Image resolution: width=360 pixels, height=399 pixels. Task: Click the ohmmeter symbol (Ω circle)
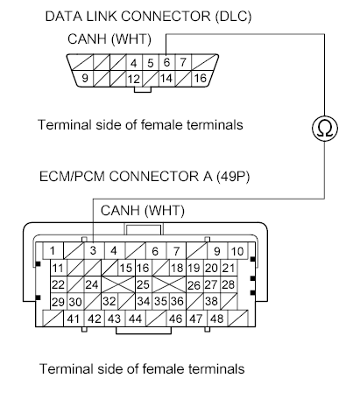point(324,128)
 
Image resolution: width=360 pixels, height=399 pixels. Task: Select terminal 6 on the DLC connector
point(166,62)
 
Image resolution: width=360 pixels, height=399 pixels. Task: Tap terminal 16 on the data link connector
point(201,78)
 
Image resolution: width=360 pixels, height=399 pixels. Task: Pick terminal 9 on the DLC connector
point(85,78)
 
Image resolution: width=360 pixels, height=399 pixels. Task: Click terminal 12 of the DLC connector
point(134,79)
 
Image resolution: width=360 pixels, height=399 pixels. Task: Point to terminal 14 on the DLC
point(166,78)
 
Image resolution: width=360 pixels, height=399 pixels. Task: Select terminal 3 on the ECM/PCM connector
point(93,250)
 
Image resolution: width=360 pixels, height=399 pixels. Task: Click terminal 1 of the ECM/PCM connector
point(53,250)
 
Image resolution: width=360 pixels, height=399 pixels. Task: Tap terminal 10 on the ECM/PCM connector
point(237,251)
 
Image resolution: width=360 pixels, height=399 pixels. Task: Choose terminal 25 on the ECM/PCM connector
point(143,284)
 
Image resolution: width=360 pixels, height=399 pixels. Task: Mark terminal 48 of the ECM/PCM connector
point(216,318)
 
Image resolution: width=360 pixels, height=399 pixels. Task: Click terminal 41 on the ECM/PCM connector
point(73,318)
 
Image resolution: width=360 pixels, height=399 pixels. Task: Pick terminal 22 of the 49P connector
point(58,284)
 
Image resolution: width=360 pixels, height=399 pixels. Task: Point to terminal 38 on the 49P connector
point(211,301)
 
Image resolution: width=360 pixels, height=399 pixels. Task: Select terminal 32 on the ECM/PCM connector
point(109,301)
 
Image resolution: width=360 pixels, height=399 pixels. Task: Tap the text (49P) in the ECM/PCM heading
point(233,176)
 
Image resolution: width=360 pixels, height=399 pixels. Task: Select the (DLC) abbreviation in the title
point(233,17)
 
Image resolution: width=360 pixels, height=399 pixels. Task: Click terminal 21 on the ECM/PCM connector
point(229,268)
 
